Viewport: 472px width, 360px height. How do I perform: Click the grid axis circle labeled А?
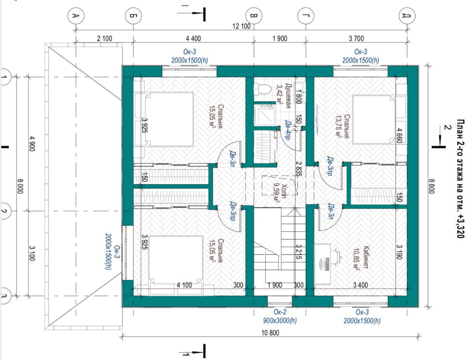point(76,16)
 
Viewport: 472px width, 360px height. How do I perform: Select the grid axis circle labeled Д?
point(407,16)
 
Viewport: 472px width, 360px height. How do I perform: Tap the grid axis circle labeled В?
point(254,16)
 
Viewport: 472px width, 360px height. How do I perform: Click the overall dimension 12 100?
point(241,26)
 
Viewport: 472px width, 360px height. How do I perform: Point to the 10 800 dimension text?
point(270,333)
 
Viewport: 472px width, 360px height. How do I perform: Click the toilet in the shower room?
point(262,89)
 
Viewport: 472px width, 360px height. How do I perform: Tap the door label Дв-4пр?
point(288,130)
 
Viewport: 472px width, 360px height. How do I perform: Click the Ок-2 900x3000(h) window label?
point(280,316)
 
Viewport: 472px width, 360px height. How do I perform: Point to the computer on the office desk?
point(325,264)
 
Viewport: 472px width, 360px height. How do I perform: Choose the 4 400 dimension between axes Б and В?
point(193,38)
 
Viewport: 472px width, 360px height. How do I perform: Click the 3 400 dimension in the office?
point(360,285)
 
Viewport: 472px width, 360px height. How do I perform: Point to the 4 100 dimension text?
point(184,285)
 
